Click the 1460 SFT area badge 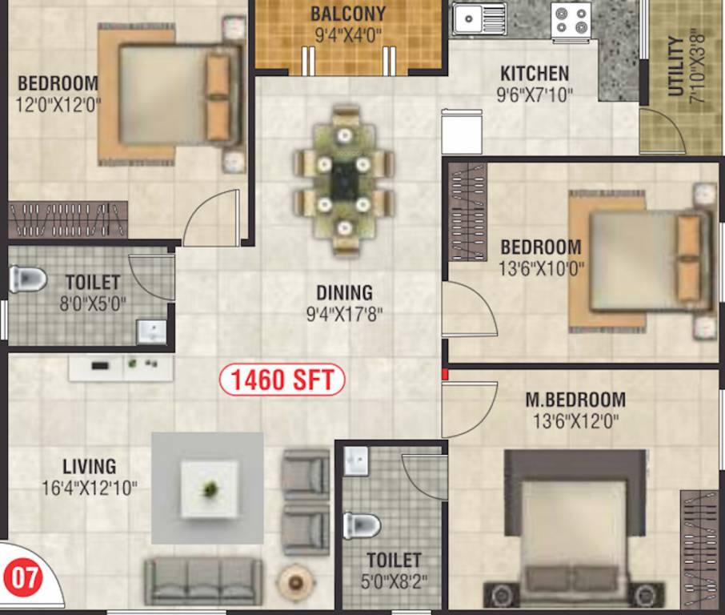(282, 380)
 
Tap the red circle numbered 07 (23, 579)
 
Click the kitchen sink (479, 18)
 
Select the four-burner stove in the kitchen (571, 19)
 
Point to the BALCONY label (348, 14)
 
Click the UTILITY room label (675, 66)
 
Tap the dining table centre (343, 183)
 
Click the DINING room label (344, 293)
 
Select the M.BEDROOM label (575, 400)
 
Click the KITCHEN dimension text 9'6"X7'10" (535, 94)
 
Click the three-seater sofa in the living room (203, 580)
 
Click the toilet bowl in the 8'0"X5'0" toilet (27, 279)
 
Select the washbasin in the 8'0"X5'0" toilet (151, 330)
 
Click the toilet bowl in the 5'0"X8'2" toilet (362, 526)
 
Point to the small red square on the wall (443, 373)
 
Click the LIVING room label (90, 466)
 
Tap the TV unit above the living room (121, 368)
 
